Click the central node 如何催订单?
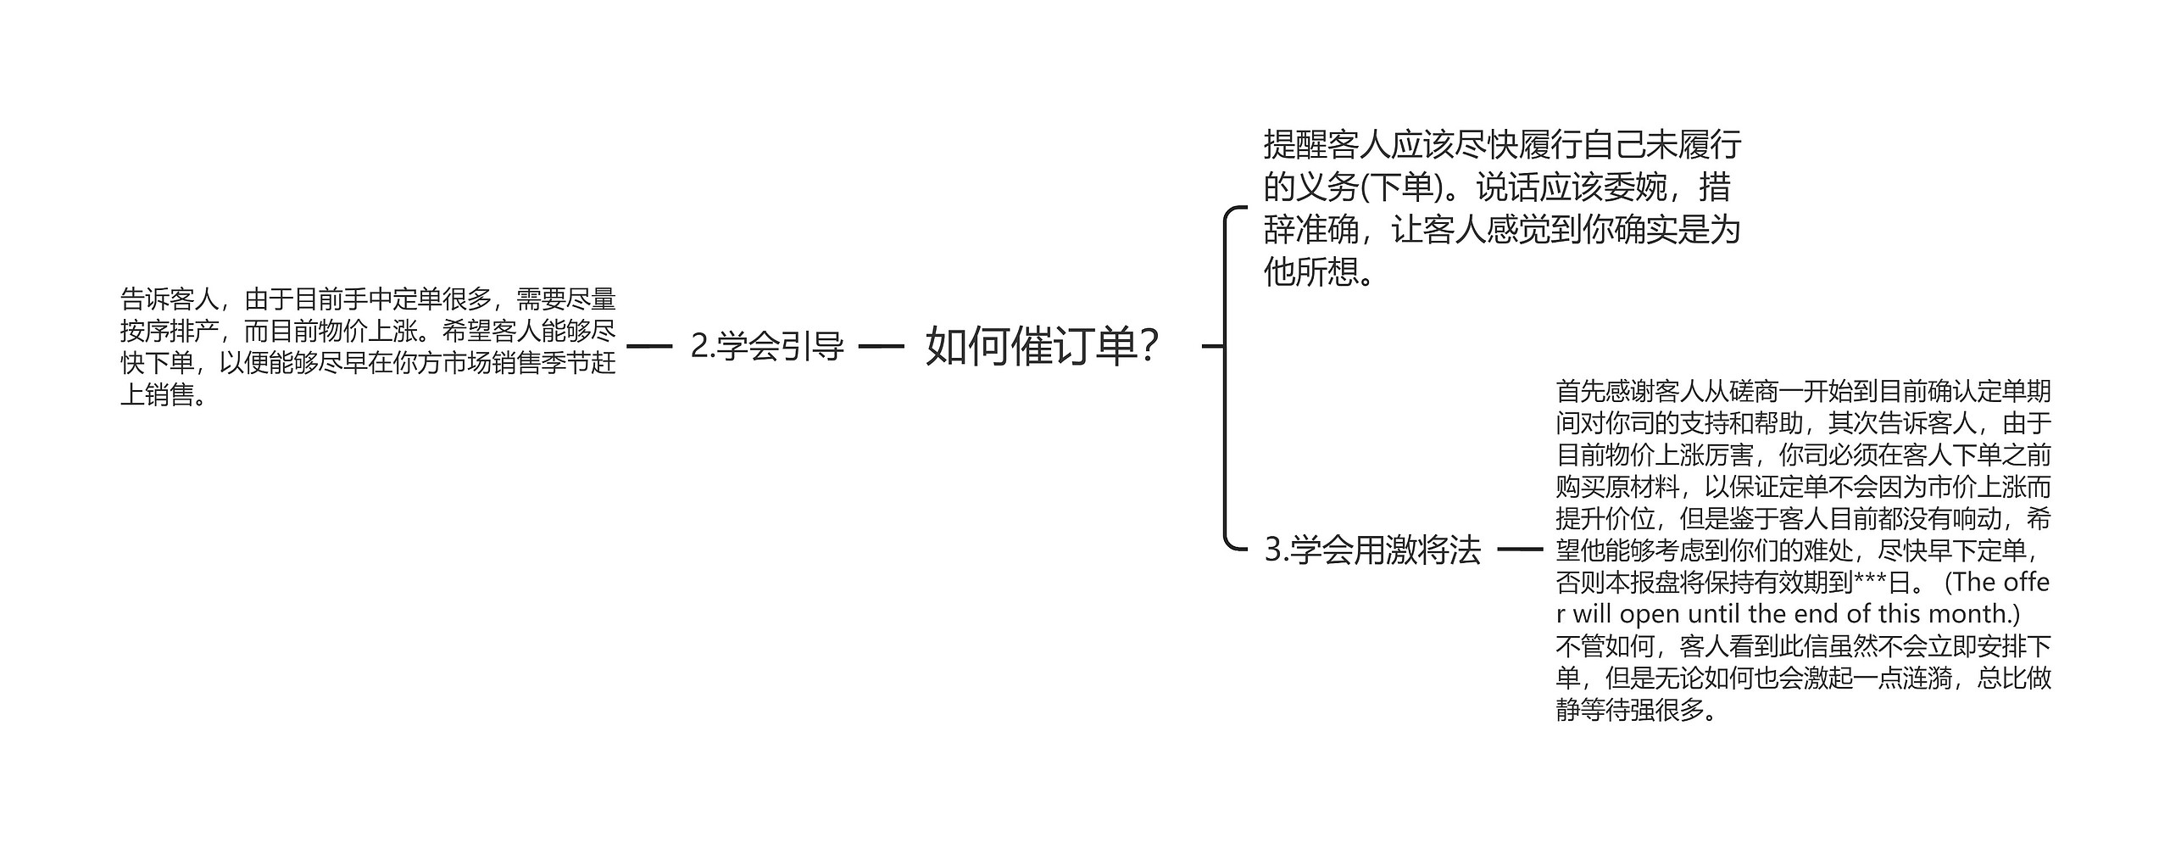(x=1042, y=346)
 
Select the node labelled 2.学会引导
(x=767, y=346)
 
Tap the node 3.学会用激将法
(x=1372, y=550)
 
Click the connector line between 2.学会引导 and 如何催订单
(x=882, y=346)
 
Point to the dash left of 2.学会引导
(x=648, y=346)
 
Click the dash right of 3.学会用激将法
(x=1520, y=550)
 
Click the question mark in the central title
(x=1149, y=346)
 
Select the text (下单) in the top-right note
(x=1402, y=187)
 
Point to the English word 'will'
(x=1593, y=614)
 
